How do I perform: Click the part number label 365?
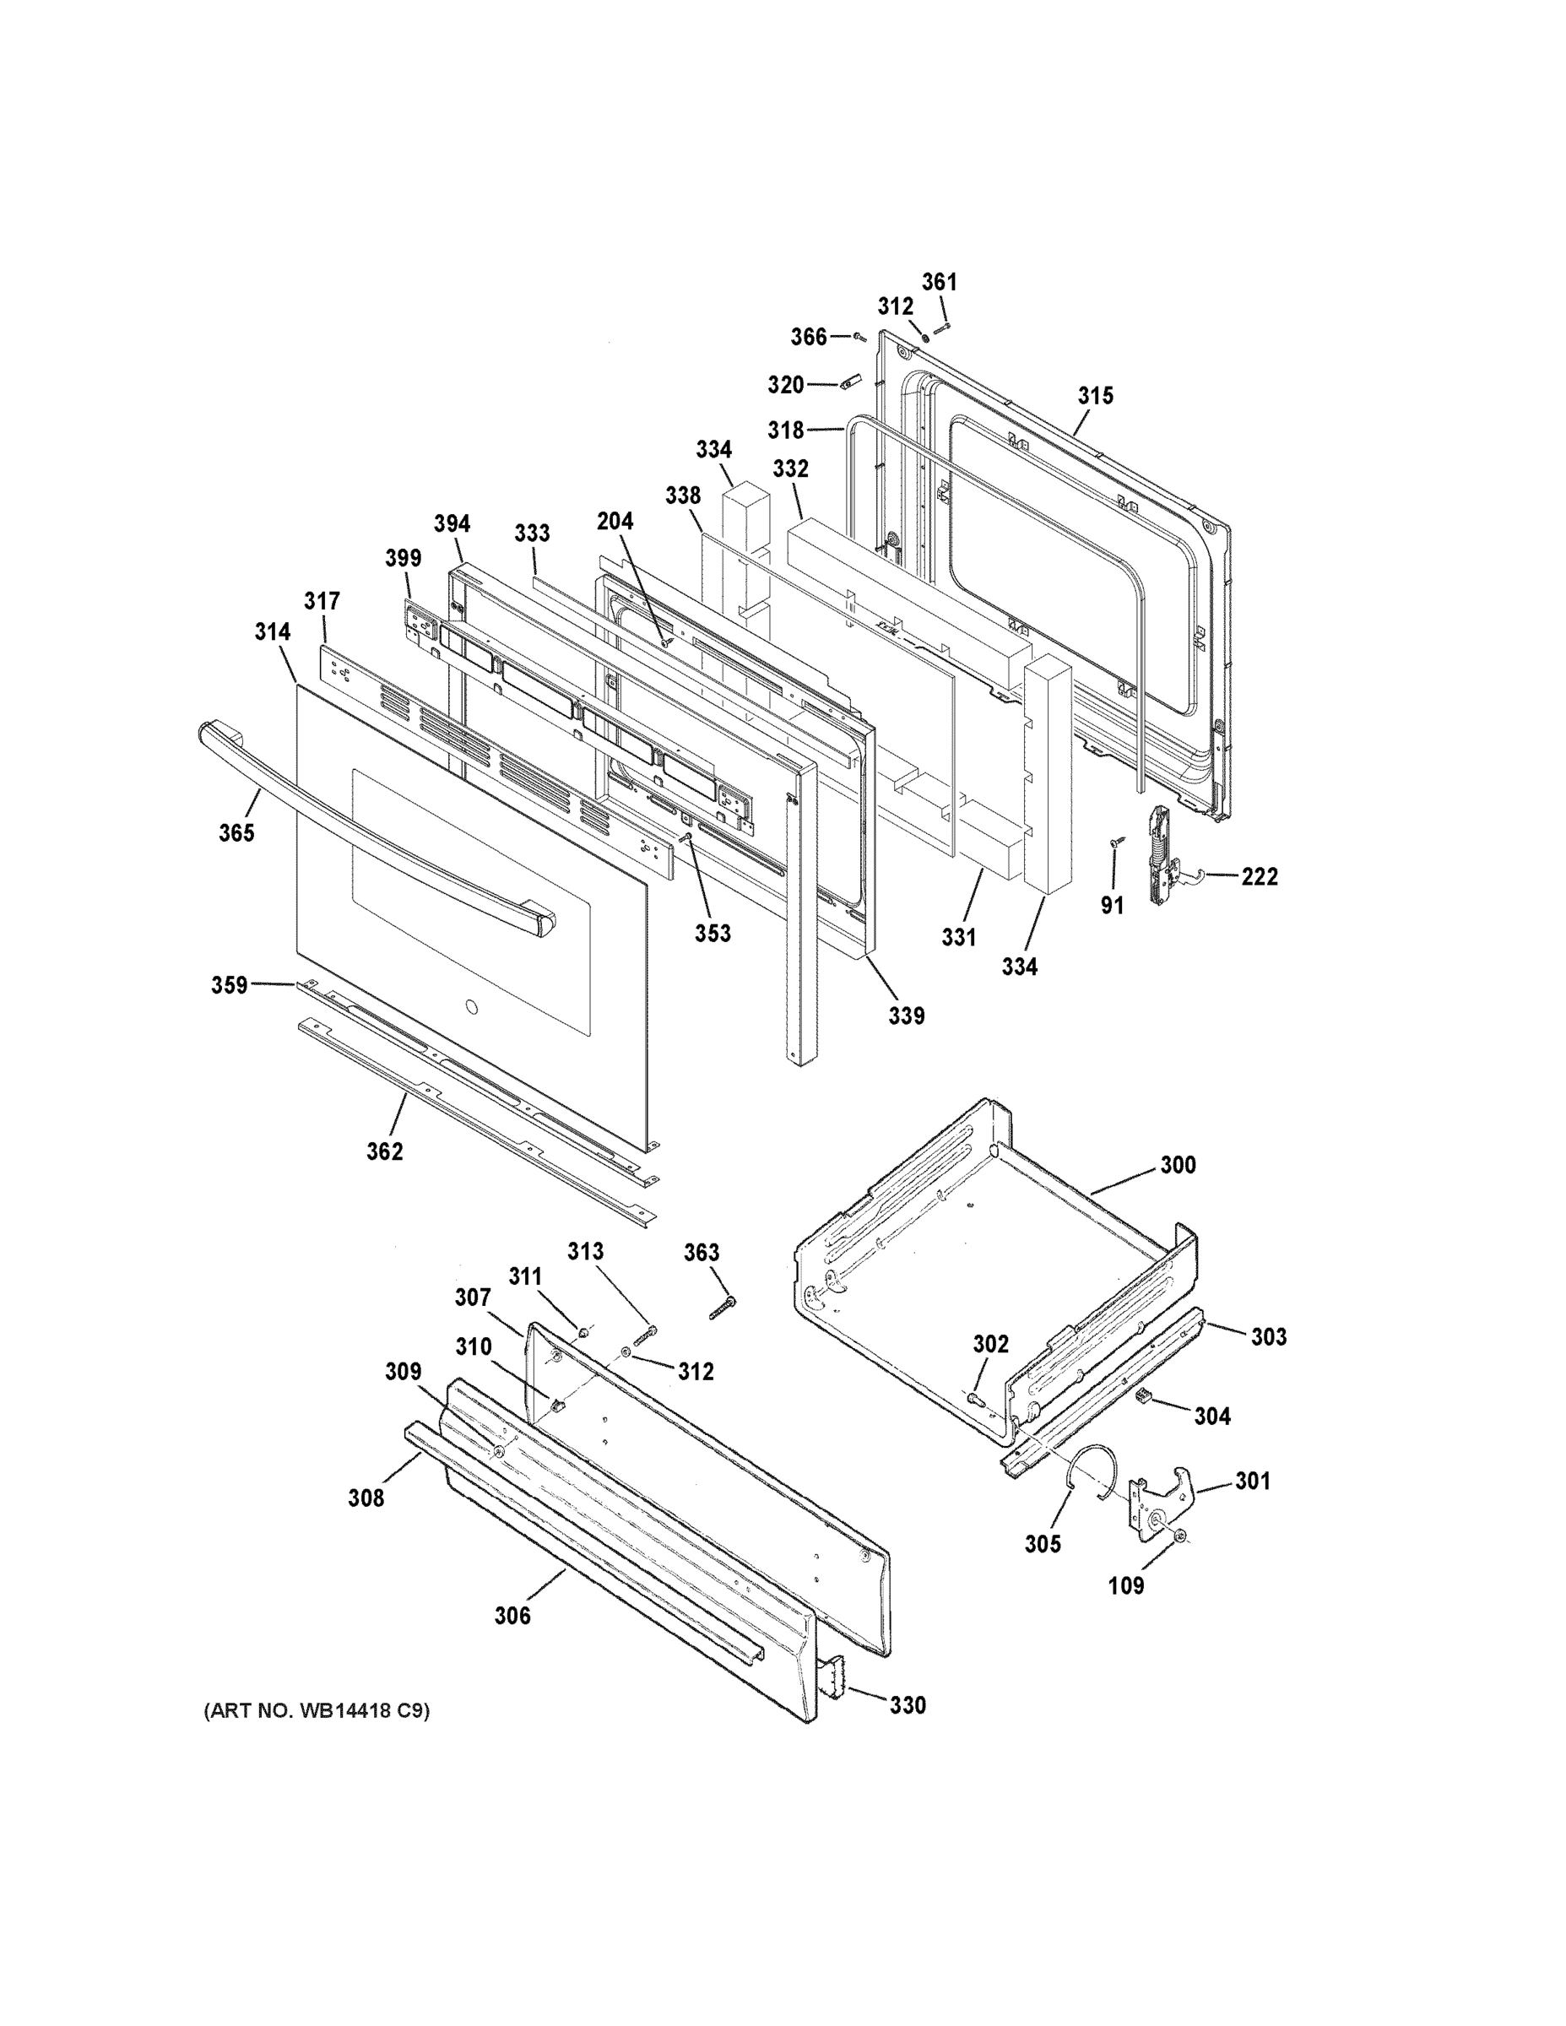(236, 833)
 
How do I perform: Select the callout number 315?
(1096, 396)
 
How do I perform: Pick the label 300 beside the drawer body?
(1178, 1165)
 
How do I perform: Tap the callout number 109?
(1126, 1586)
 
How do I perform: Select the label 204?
(615, 522)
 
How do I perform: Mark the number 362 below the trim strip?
(385, 1151)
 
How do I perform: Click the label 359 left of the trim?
(229, 984)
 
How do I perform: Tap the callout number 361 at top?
(939, 282)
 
